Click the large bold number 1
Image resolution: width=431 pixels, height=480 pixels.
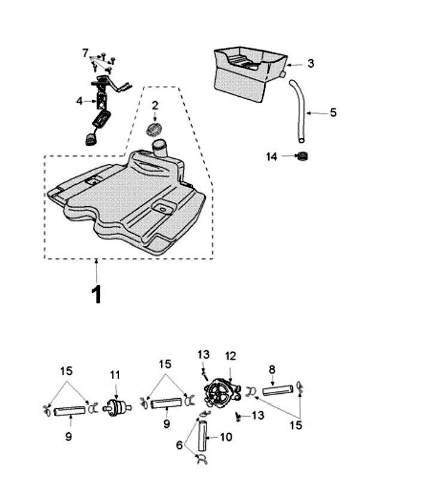[x=97, y=294]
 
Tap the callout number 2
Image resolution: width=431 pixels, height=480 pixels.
[x=155, y=105]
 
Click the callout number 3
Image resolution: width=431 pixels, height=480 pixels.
[x=311, y=63]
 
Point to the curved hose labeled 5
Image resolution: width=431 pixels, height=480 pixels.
[x=301, y=110]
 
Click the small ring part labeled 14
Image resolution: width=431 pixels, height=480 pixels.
[x=302, y=156]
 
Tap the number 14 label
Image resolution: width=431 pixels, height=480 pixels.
[x=272, y=157]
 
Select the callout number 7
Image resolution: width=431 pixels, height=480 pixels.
[x=85, y=53]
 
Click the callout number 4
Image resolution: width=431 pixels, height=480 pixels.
[x=80, y=100]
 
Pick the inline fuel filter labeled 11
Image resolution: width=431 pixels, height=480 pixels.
[x=117, y=408]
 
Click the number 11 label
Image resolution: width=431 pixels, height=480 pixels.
[x=115, y=375]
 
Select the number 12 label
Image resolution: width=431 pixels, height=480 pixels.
[x=230, y=356]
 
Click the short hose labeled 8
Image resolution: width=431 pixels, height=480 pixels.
[x=278, y=390]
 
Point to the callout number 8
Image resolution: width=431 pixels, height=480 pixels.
[x=272, y=370]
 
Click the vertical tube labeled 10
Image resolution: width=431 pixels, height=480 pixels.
[x=202, y=436]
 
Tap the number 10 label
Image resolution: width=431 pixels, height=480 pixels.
[x=226, y=437]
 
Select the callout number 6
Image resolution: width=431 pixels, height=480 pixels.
[x=180, y=445]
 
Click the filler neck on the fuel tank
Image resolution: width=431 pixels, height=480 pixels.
[x=160, y=148]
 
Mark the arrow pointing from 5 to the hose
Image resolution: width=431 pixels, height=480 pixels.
[x=317, y=113]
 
